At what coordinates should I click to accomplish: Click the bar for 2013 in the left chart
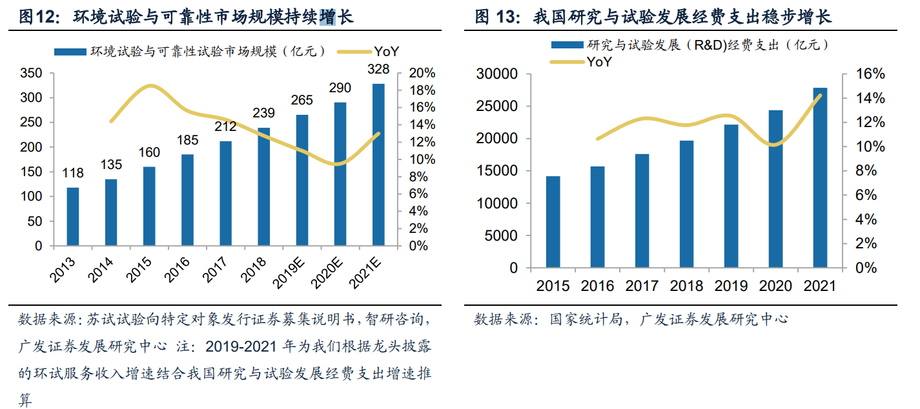click(73, 217)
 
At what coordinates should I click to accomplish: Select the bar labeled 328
click(378, 165)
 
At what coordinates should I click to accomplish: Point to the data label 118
click(73, 174)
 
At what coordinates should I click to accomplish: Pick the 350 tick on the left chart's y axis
click(32, 74)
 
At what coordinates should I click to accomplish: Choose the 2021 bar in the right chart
click(820, 177)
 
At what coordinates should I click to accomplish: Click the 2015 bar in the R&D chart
click(553, 222)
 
